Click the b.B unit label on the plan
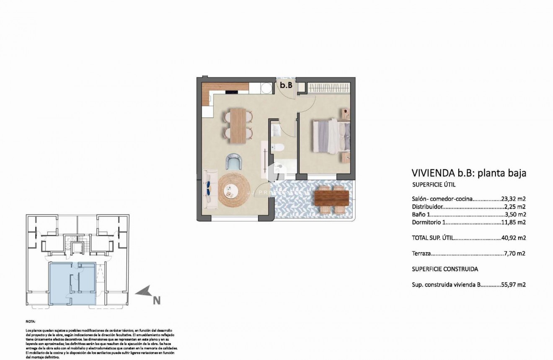286,85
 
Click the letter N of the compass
157,300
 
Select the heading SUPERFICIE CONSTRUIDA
445,269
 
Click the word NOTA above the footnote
31,321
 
